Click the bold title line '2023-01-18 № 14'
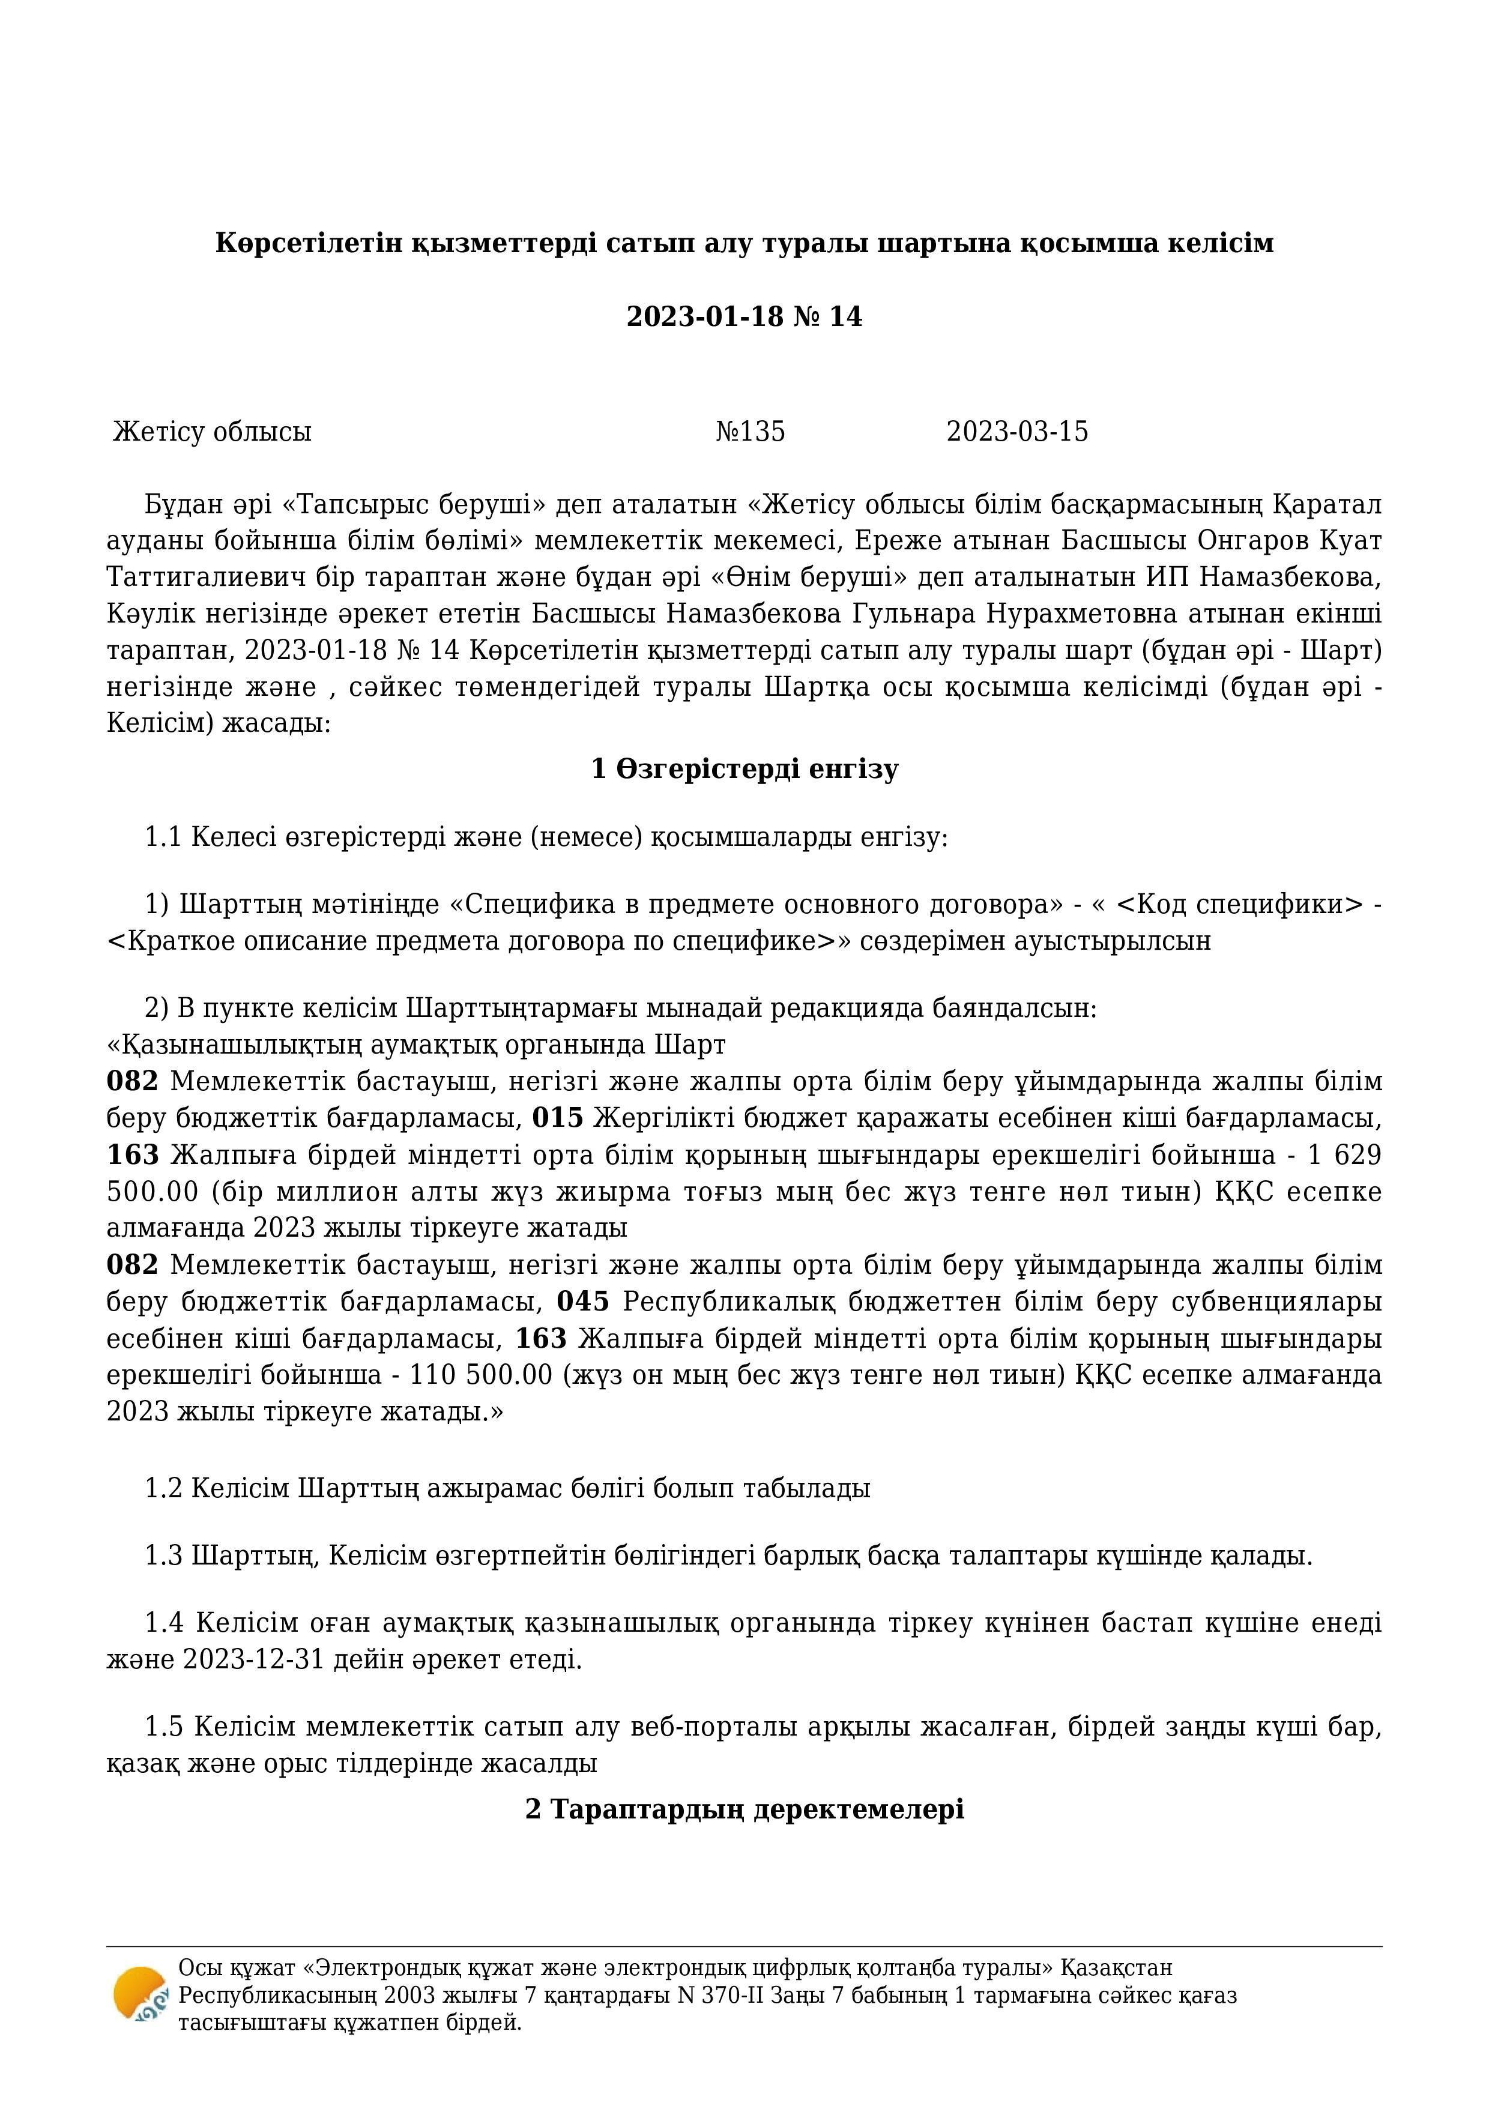pos(744,316)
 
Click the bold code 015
pos(558,1118)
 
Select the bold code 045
pos(582,1302)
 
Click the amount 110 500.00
pos(481,1375)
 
